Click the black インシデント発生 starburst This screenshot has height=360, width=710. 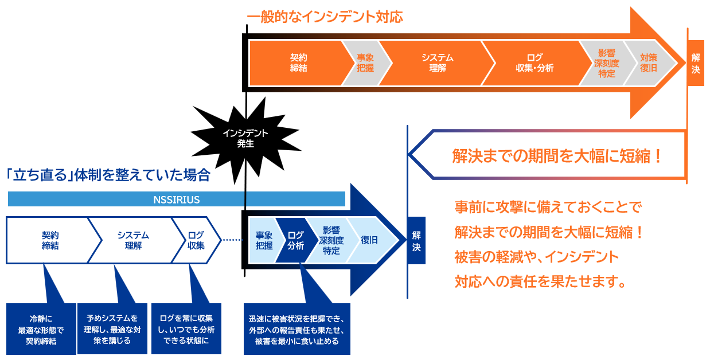245,138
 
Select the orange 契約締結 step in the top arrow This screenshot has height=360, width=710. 298,62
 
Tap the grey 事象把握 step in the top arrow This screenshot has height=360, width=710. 365,62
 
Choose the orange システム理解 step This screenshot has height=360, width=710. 437,62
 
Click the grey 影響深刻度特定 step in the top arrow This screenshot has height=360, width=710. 606,62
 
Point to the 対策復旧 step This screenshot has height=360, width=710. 649,62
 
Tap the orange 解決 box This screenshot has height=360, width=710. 695,63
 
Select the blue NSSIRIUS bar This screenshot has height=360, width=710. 177,199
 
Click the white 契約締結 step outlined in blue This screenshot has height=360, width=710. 50,240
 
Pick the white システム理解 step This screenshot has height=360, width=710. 133,240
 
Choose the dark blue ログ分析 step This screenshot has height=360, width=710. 295,240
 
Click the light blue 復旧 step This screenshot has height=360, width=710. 369,240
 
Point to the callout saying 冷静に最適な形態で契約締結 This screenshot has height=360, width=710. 41,329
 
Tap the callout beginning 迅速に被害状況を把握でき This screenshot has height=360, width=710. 297,330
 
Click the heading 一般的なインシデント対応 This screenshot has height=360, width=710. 325,17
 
